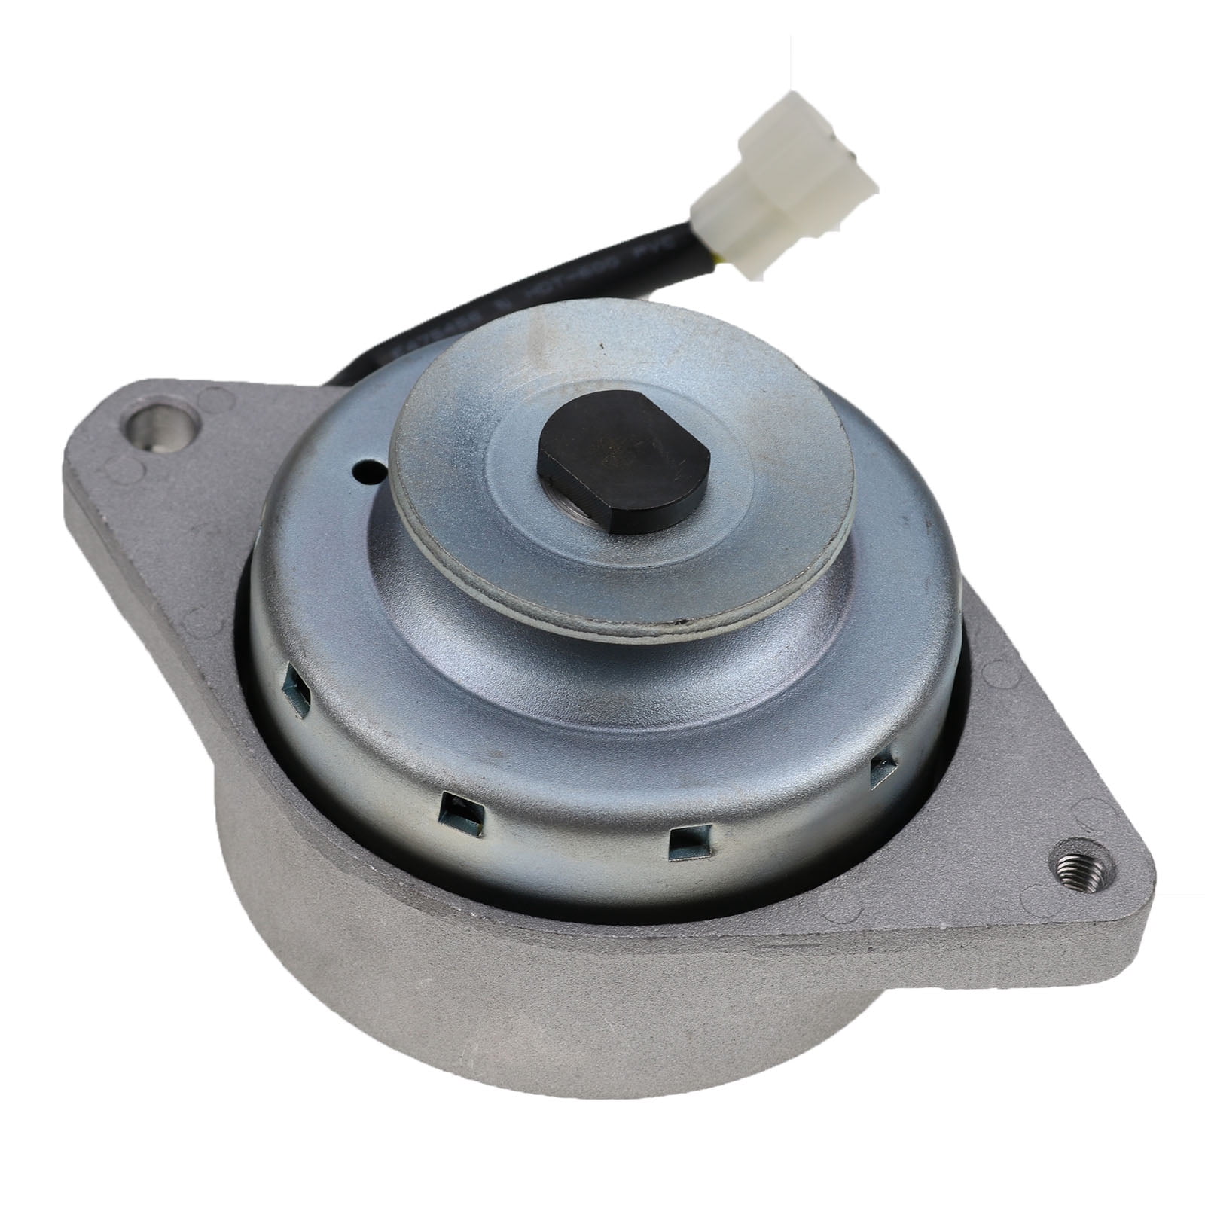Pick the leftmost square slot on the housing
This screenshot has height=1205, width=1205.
point(297,694)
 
